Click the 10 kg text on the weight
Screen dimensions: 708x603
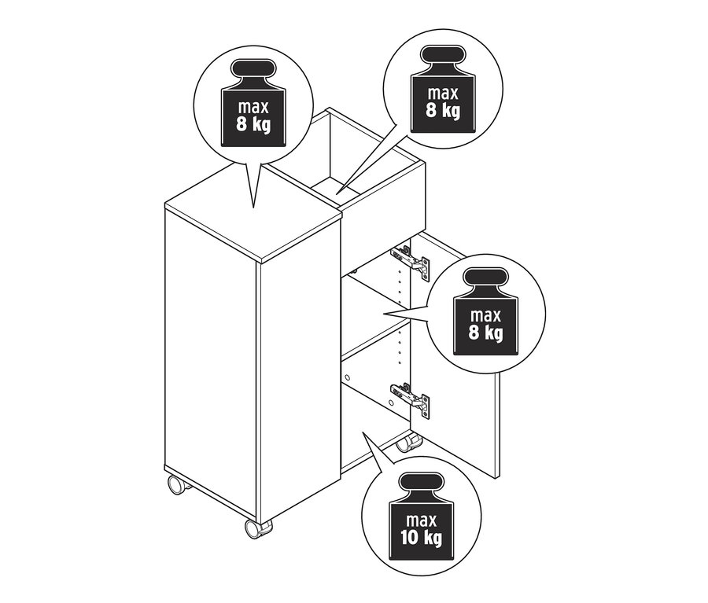click(x=421, y=538)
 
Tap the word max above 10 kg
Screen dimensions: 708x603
click(x=421, y=520)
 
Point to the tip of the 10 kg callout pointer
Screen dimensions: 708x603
click(x=363, y=432)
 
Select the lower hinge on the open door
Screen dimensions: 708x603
click(x=410, y=397)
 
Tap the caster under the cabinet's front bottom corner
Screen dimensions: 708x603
click(x=258, y=528)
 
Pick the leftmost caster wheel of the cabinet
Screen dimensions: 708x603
click(x=177, y=485)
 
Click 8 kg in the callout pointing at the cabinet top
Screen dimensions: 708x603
click(x=253, y=124)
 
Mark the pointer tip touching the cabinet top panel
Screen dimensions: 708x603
click(x=253, y=208)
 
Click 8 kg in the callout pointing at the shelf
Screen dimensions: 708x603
click(x=486, y=333)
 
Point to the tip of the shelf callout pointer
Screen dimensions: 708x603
click(x=383, y=313)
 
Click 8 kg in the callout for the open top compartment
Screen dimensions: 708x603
click(x=443, y=110)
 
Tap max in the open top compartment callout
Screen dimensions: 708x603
click(x=443, y=94)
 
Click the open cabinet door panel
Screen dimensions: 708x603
click(x=456, y=357)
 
